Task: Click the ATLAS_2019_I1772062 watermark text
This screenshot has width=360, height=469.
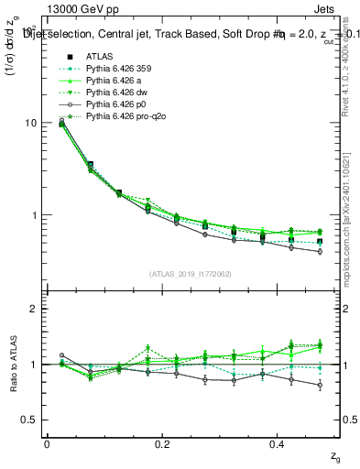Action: (x=192, y=274)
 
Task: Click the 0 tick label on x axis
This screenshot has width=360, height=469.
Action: (x=47, y=444)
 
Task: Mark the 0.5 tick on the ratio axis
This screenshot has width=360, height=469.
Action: (x=30, y=420)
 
